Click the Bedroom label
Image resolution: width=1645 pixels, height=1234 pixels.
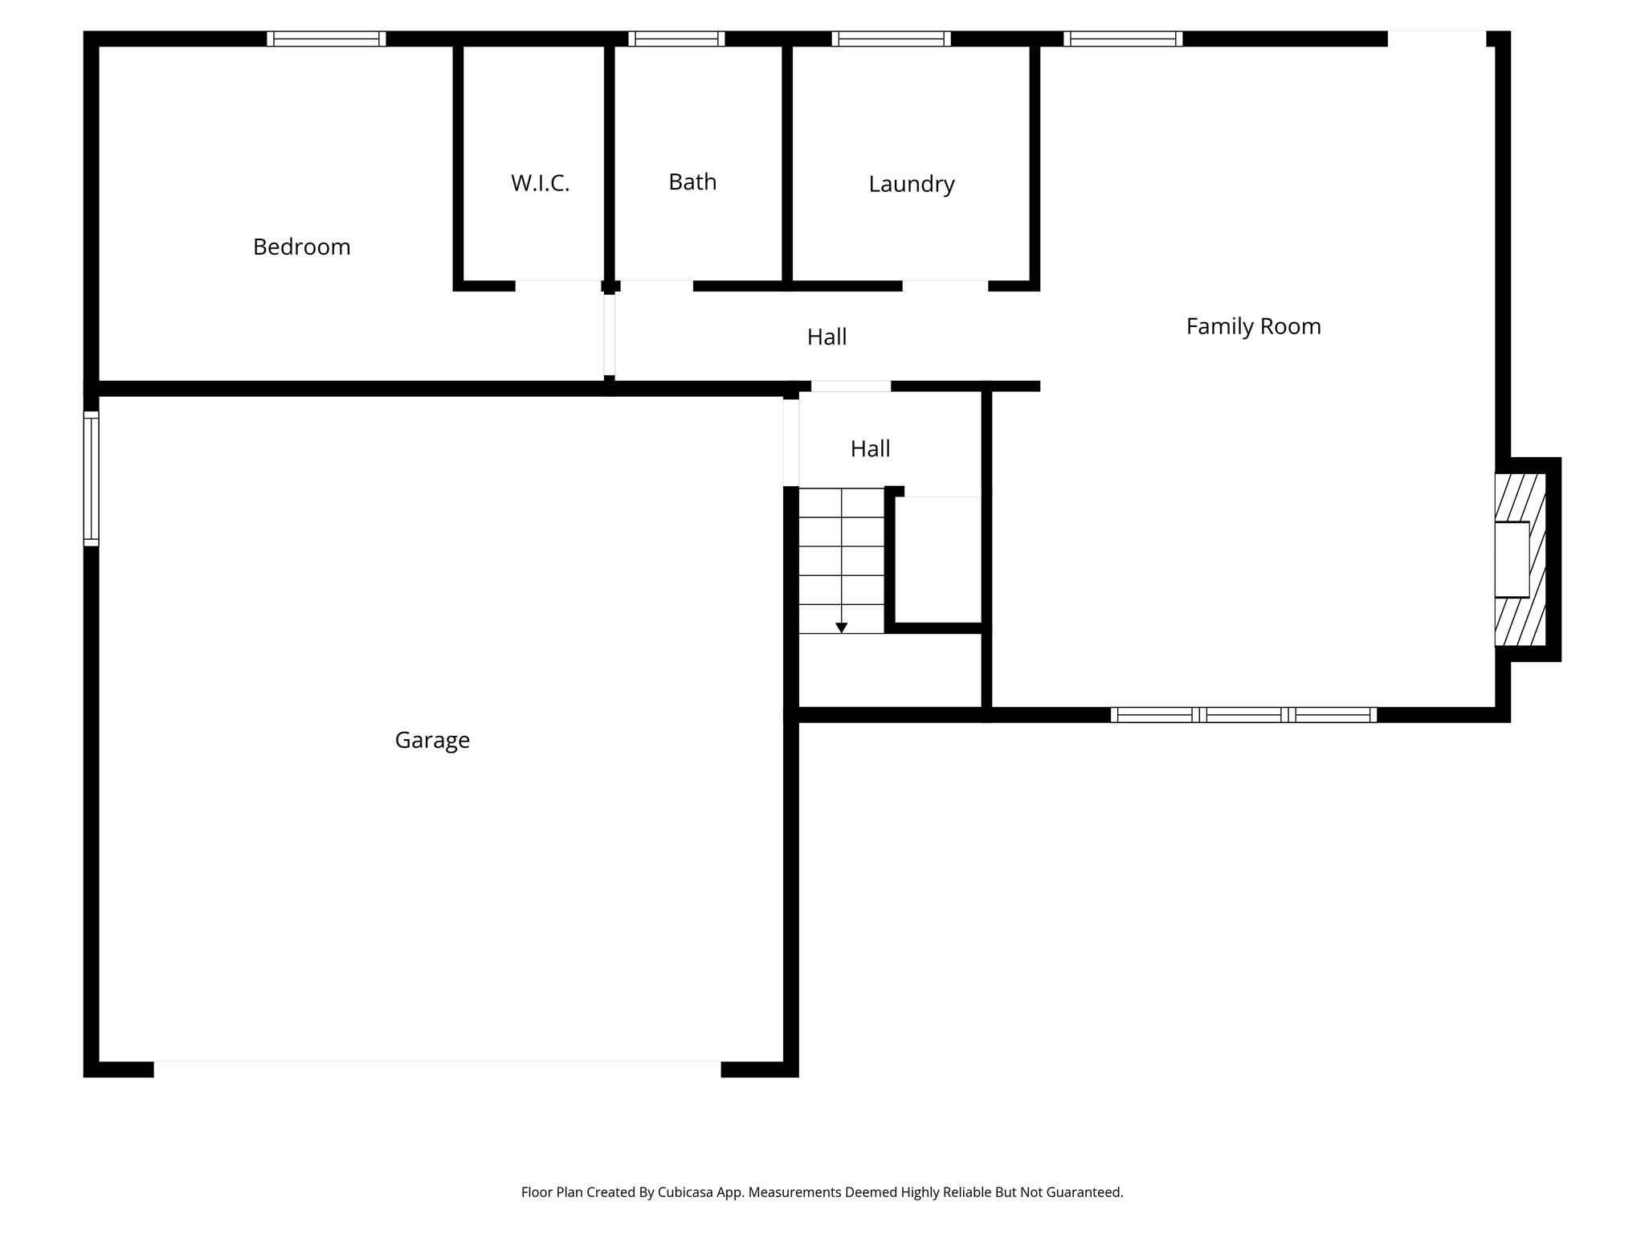(x=301, y=247)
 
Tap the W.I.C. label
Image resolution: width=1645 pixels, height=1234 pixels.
(x=540, y=183)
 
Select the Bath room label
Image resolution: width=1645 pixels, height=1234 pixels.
(x=692, y=182)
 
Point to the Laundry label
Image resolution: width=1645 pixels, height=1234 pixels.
(x=911, y=184)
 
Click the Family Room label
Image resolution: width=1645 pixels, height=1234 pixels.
(x=1253, y=326)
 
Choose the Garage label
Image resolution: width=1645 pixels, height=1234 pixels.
(x=432, y=740)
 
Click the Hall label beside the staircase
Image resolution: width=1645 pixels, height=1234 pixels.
(x=870, y=448)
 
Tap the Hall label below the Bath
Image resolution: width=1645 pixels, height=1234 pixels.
(x=827, y=337)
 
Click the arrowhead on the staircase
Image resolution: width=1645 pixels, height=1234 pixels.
(x=841, y=627)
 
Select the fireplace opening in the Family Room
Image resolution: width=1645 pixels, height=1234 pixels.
(x=1512, y=559)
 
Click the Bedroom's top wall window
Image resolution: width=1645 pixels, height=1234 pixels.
(x=326, y=39)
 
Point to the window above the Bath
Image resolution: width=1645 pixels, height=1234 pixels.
(x=676, y=39)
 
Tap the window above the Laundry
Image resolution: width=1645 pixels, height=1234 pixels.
(x=891, y=39)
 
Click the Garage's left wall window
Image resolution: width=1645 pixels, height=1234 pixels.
(x=92, y=479)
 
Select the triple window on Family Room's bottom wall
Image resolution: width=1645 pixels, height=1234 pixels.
(x=1243, y=714)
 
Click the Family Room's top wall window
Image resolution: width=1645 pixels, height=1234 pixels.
(x=1123, y=39)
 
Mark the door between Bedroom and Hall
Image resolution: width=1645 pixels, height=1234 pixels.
(x=610, y=334)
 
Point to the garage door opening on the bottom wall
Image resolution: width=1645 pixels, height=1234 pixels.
(x=437, y=1069)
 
